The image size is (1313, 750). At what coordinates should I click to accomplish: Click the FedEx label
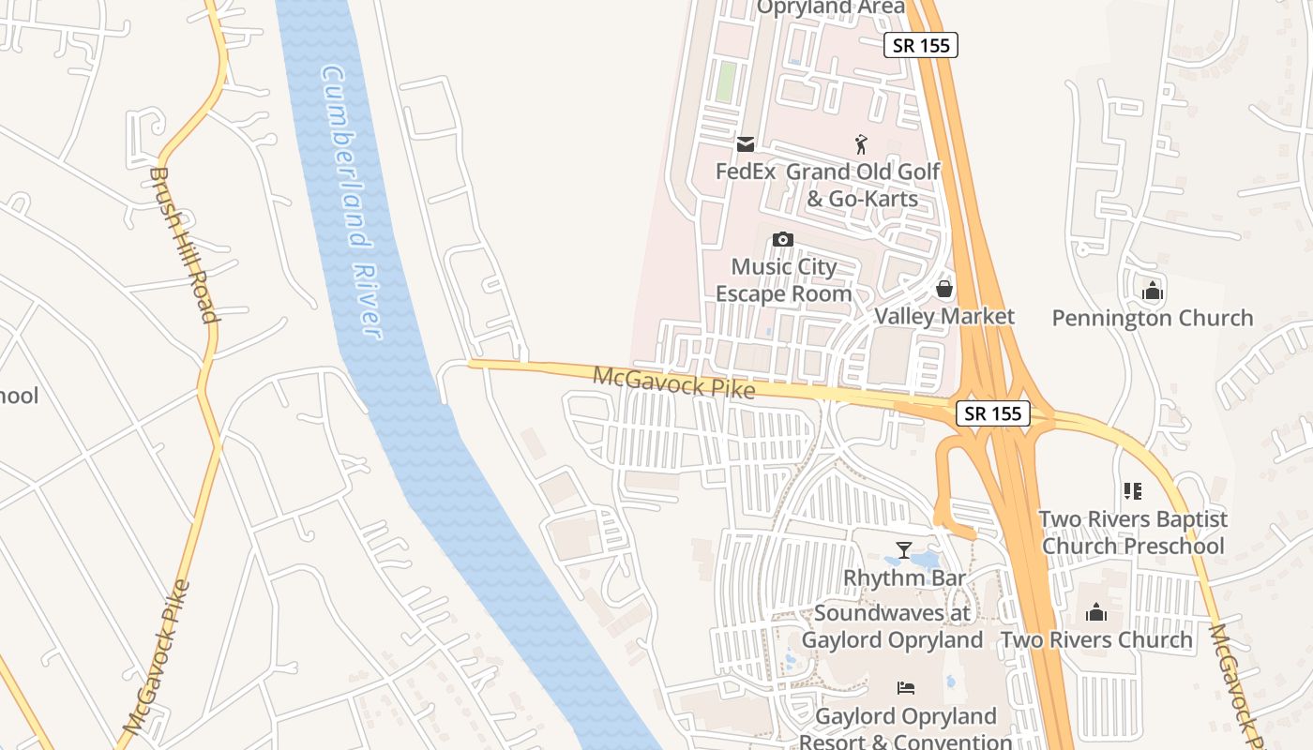746,172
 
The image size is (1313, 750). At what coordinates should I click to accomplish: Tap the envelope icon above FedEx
746,144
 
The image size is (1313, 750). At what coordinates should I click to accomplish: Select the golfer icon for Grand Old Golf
862,144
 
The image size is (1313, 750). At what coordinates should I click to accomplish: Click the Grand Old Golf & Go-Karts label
863,185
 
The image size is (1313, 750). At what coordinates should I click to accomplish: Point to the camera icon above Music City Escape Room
783,240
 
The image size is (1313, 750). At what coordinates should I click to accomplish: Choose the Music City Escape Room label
784,280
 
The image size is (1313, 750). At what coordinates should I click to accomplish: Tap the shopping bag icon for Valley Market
944,289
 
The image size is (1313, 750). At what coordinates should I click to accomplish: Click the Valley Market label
944,316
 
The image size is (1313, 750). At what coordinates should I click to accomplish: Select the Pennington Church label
1153,318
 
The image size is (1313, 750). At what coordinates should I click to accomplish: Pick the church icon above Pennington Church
1153,291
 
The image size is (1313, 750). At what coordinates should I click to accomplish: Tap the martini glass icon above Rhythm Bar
904,550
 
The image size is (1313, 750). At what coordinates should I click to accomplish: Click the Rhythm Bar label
904,577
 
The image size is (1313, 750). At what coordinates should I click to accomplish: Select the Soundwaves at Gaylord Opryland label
892,626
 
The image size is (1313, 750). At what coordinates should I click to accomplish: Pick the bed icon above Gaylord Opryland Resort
906,688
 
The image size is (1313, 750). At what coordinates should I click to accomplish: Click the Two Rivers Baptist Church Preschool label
1133,532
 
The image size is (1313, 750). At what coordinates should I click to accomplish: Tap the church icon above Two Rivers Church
1096,613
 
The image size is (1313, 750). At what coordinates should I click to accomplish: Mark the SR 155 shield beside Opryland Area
921,45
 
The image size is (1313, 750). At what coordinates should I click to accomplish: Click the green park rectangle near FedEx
725,82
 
